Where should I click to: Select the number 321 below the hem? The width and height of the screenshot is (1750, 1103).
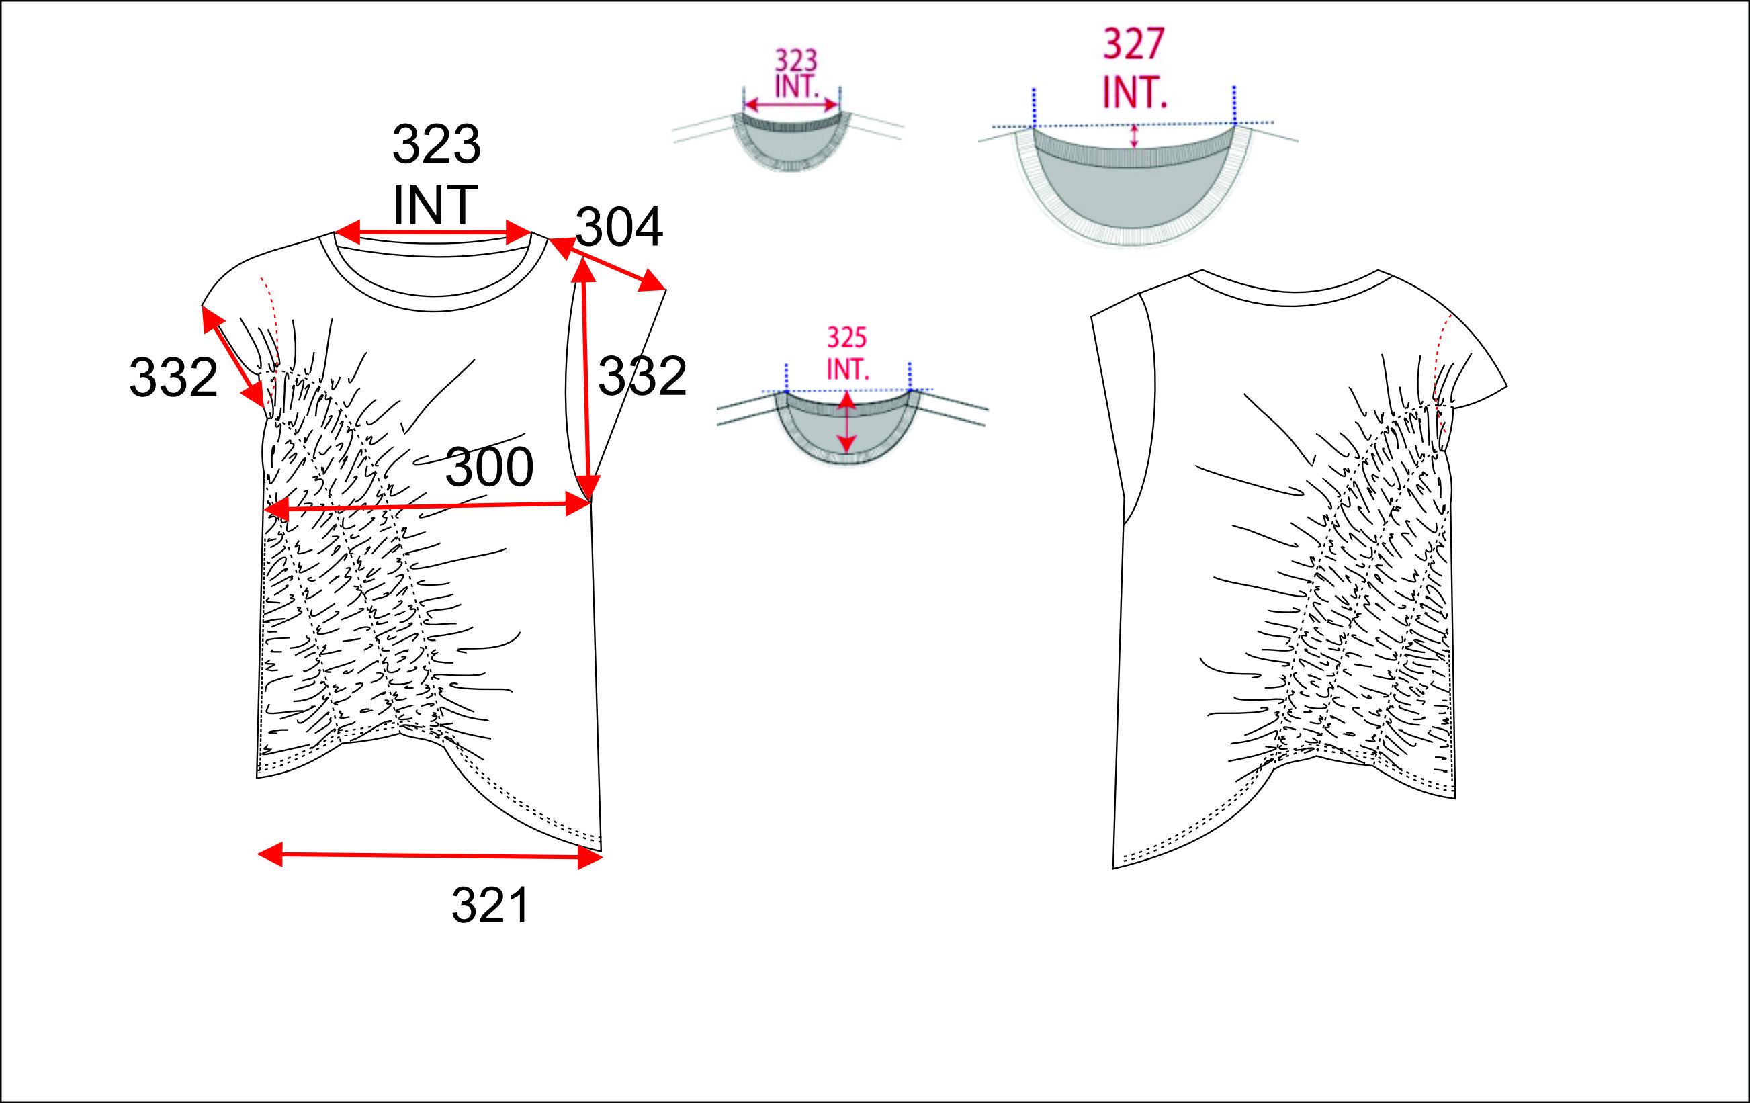[490, 906]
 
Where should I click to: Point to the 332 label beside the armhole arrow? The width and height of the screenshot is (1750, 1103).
[642, 376]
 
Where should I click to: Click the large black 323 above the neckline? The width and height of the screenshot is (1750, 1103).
[436, 144]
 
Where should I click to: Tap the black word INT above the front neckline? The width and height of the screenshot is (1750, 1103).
[435, 205]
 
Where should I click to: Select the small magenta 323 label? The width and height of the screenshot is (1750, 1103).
[796, 60]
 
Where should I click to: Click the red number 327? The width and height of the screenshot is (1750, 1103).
[1134, 44]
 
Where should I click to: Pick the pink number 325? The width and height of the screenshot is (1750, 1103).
[846, 337]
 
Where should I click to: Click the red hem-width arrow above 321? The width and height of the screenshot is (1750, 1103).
[430, 856]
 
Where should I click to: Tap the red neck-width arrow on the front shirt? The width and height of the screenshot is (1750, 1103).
[433, 232]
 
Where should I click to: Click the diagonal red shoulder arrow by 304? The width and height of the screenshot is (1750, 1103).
[607, 264]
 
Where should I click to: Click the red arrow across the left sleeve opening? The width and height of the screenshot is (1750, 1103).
[232, 357]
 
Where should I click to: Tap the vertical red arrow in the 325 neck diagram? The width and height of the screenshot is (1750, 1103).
[846, 422]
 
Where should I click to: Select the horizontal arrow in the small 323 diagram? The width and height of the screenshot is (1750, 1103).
[791, 105]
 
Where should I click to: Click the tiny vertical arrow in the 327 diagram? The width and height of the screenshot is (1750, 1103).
[1134, 136]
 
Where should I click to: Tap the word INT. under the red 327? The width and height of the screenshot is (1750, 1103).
[1135, 93]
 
